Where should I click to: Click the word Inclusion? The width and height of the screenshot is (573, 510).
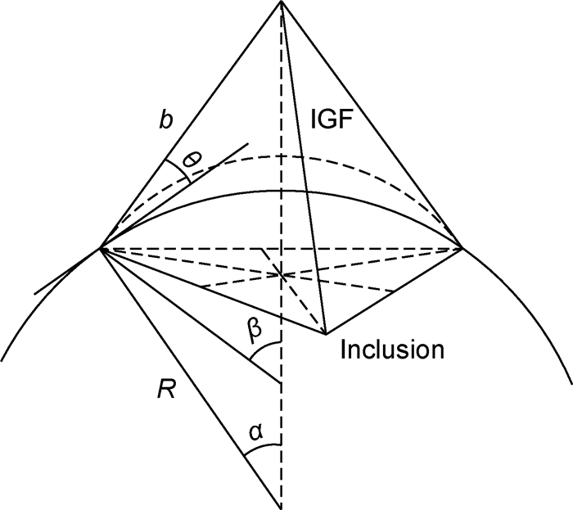point(391,349)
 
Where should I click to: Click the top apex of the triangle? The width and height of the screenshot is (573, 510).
point(281,2)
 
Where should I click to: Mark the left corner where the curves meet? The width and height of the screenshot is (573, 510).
point(101,247)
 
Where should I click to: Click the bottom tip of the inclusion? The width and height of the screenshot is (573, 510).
point(325,334)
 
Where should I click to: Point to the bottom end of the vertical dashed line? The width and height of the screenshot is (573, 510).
point(281,504)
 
